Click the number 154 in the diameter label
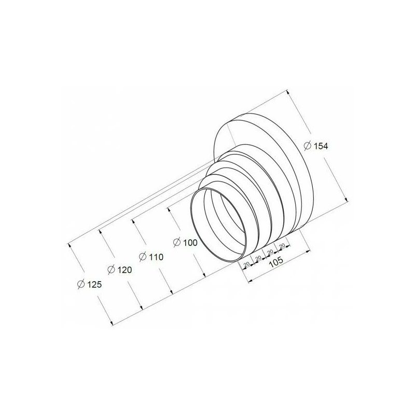coord(321,146)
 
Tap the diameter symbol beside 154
coord(308,146)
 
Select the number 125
coord(94,284)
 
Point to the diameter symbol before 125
coord(81,284)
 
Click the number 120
coord(125,270)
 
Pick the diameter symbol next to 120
coord(112,270)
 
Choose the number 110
coord(156,257)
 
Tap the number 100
coord(190,242)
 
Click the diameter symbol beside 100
coord(177,242)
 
